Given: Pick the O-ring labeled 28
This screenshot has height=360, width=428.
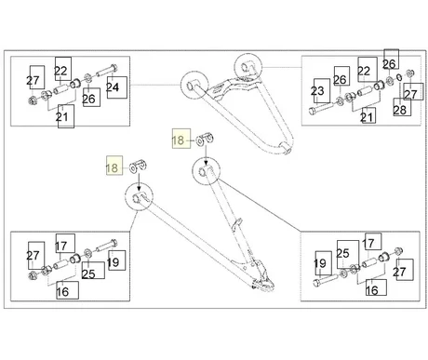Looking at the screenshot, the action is click(x=400, y=77).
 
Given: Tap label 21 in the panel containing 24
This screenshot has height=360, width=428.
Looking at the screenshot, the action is click(x=66, y=116).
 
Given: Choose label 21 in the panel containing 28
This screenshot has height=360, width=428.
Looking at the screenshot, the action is click(x=368, y=115).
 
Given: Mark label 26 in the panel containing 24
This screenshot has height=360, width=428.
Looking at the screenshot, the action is click(x=91, y=98).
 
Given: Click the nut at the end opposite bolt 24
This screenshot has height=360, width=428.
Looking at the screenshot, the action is click(x=33, y=100).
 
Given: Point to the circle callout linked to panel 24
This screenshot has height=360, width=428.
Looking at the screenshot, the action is click(x=194, y=86).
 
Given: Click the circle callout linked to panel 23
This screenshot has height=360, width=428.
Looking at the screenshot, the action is click(x=248, y=67).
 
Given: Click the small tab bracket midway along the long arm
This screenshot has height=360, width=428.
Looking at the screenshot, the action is click(x=237, y=224).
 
